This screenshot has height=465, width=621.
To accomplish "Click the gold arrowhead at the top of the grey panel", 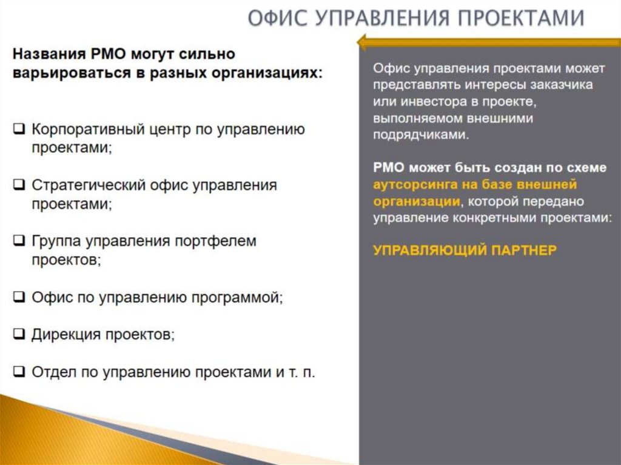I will click(363, 42).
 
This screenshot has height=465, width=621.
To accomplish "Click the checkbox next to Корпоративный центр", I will click(19, 129).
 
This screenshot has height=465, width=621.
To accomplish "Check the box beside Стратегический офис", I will click(19, 185).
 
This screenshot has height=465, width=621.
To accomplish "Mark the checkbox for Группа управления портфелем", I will click(19, 241).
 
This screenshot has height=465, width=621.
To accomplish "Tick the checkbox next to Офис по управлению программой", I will click(19, 297).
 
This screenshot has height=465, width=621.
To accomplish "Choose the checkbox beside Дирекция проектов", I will click(19, 334).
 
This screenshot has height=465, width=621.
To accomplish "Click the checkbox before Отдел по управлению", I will click(19, 372).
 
